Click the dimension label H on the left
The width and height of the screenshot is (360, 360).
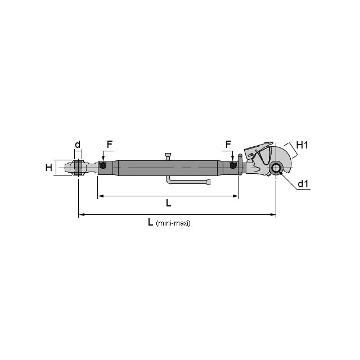coord(48,167)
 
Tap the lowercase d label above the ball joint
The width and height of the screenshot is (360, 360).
coord(78,145)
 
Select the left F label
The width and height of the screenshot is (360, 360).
coord(109,145)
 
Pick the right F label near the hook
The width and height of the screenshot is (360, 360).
coord(228,145)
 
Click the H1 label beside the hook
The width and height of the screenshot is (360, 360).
coord(302,145)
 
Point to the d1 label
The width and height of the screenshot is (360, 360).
coord(303,184)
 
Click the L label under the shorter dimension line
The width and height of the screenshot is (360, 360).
coord(168,203)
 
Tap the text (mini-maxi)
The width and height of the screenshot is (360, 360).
coord(173,223)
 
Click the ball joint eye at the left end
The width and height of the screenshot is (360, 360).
coord(76,168)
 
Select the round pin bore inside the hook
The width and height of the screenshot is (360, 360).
coord(276,169)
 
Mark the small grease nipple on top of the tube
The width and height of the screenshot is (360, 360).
coord(168,155)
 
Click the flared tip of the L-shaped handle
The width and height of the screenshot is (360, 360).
coord(208,182)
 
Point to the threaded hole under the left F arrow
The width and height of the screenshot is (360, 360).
coord(103,166)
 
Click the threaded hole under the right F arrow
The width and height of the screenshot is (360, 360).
coord(232,165)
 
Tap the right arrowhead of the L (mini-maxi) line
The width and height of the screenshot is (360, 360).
coord(274,214)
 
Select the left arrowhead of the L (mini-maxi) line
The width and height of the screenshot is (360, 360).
coord(80,214)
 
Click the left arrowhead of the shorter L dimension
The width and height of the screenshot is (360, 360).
coord(100,196)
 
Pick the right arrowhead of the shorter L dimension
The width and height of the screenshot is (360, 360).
coord(236,196)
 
